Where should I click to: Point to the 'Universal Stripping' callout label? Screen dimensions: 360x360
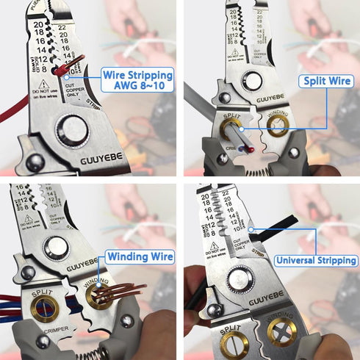(x=317, y=260)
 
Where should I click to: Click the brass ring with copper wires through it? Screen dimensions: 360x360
(x=101, y=296)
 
